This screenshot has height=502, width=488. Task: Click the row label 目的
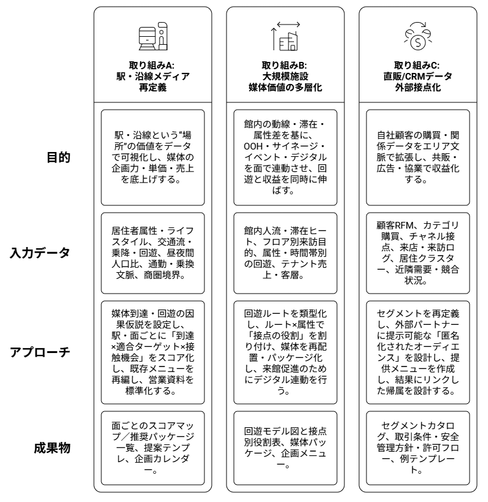point(60,158)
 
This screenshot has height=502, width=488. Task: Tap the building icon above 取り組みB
point(284,37)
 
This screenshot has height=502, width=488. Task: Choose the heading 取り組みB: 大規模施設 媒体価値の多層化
point(284,77)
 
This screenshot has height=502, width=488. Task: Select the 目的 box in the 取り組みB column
point(284,156)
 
